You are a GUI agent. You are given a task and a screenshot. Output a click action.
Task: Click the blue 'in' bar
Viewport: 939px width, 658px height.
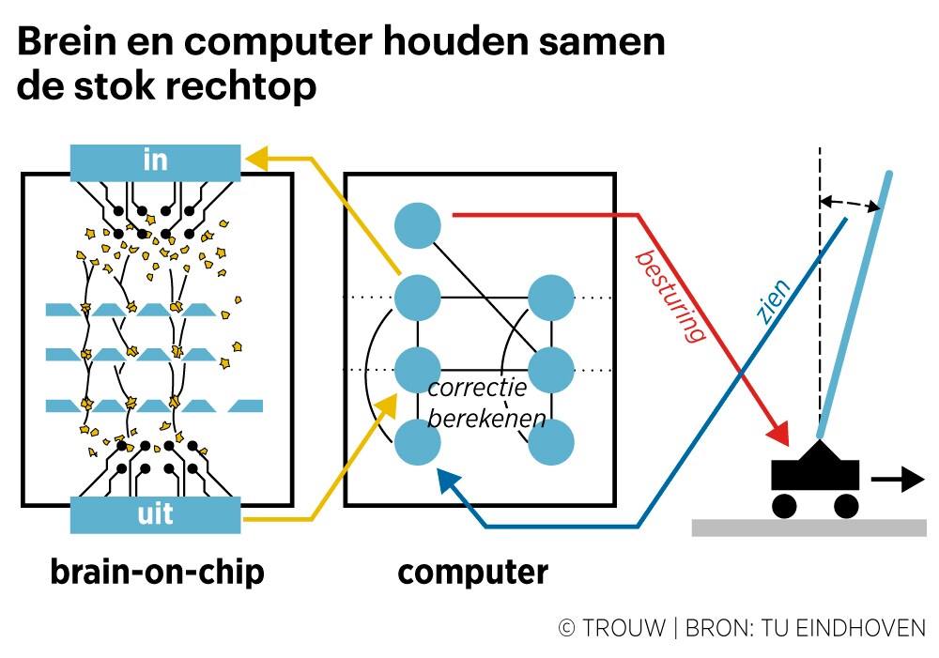click(156, 161)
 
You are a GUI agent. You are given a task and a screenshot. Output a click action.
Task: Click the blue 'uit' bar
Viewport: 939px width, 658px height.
click(156, 515)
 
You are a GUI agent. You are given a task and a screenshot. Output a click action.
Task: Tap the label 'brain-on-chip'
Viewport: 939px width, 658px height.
click(157, 572)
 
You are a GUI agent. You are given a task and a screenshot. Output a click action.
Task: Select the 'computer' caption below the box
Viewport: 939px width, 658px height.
click(472, 572)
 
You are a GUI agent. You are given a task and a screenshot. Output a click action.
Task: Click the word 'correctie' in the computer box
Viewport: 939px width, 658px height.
click(476, 388)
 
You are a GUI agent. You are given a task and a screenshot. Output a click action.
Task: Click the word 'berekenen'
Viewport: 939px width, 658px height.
click(485, 419)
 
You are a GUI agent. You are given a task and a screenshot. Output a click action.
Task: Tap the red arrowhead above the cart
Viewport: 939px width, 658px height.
click(778, 434)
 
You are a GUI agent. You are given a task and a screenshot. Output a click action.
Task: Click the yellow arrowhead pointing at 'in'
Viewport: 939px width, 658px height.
click(257, 159)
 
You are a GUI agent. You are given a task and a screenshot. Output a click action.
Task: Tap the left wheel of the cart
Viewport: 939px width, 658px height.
click(785, 506)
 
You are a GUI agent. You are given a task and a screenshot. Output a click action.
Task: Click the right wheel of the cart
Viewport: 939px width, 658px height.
click(846, 506)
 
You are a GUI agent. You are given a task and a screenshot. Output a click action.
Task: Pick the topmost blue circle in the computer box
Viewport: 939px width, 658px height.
click(418, 226)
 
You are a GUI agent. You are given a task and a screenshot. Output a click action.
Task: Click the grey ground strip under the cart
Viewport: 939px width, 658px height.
click(808, 528)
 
